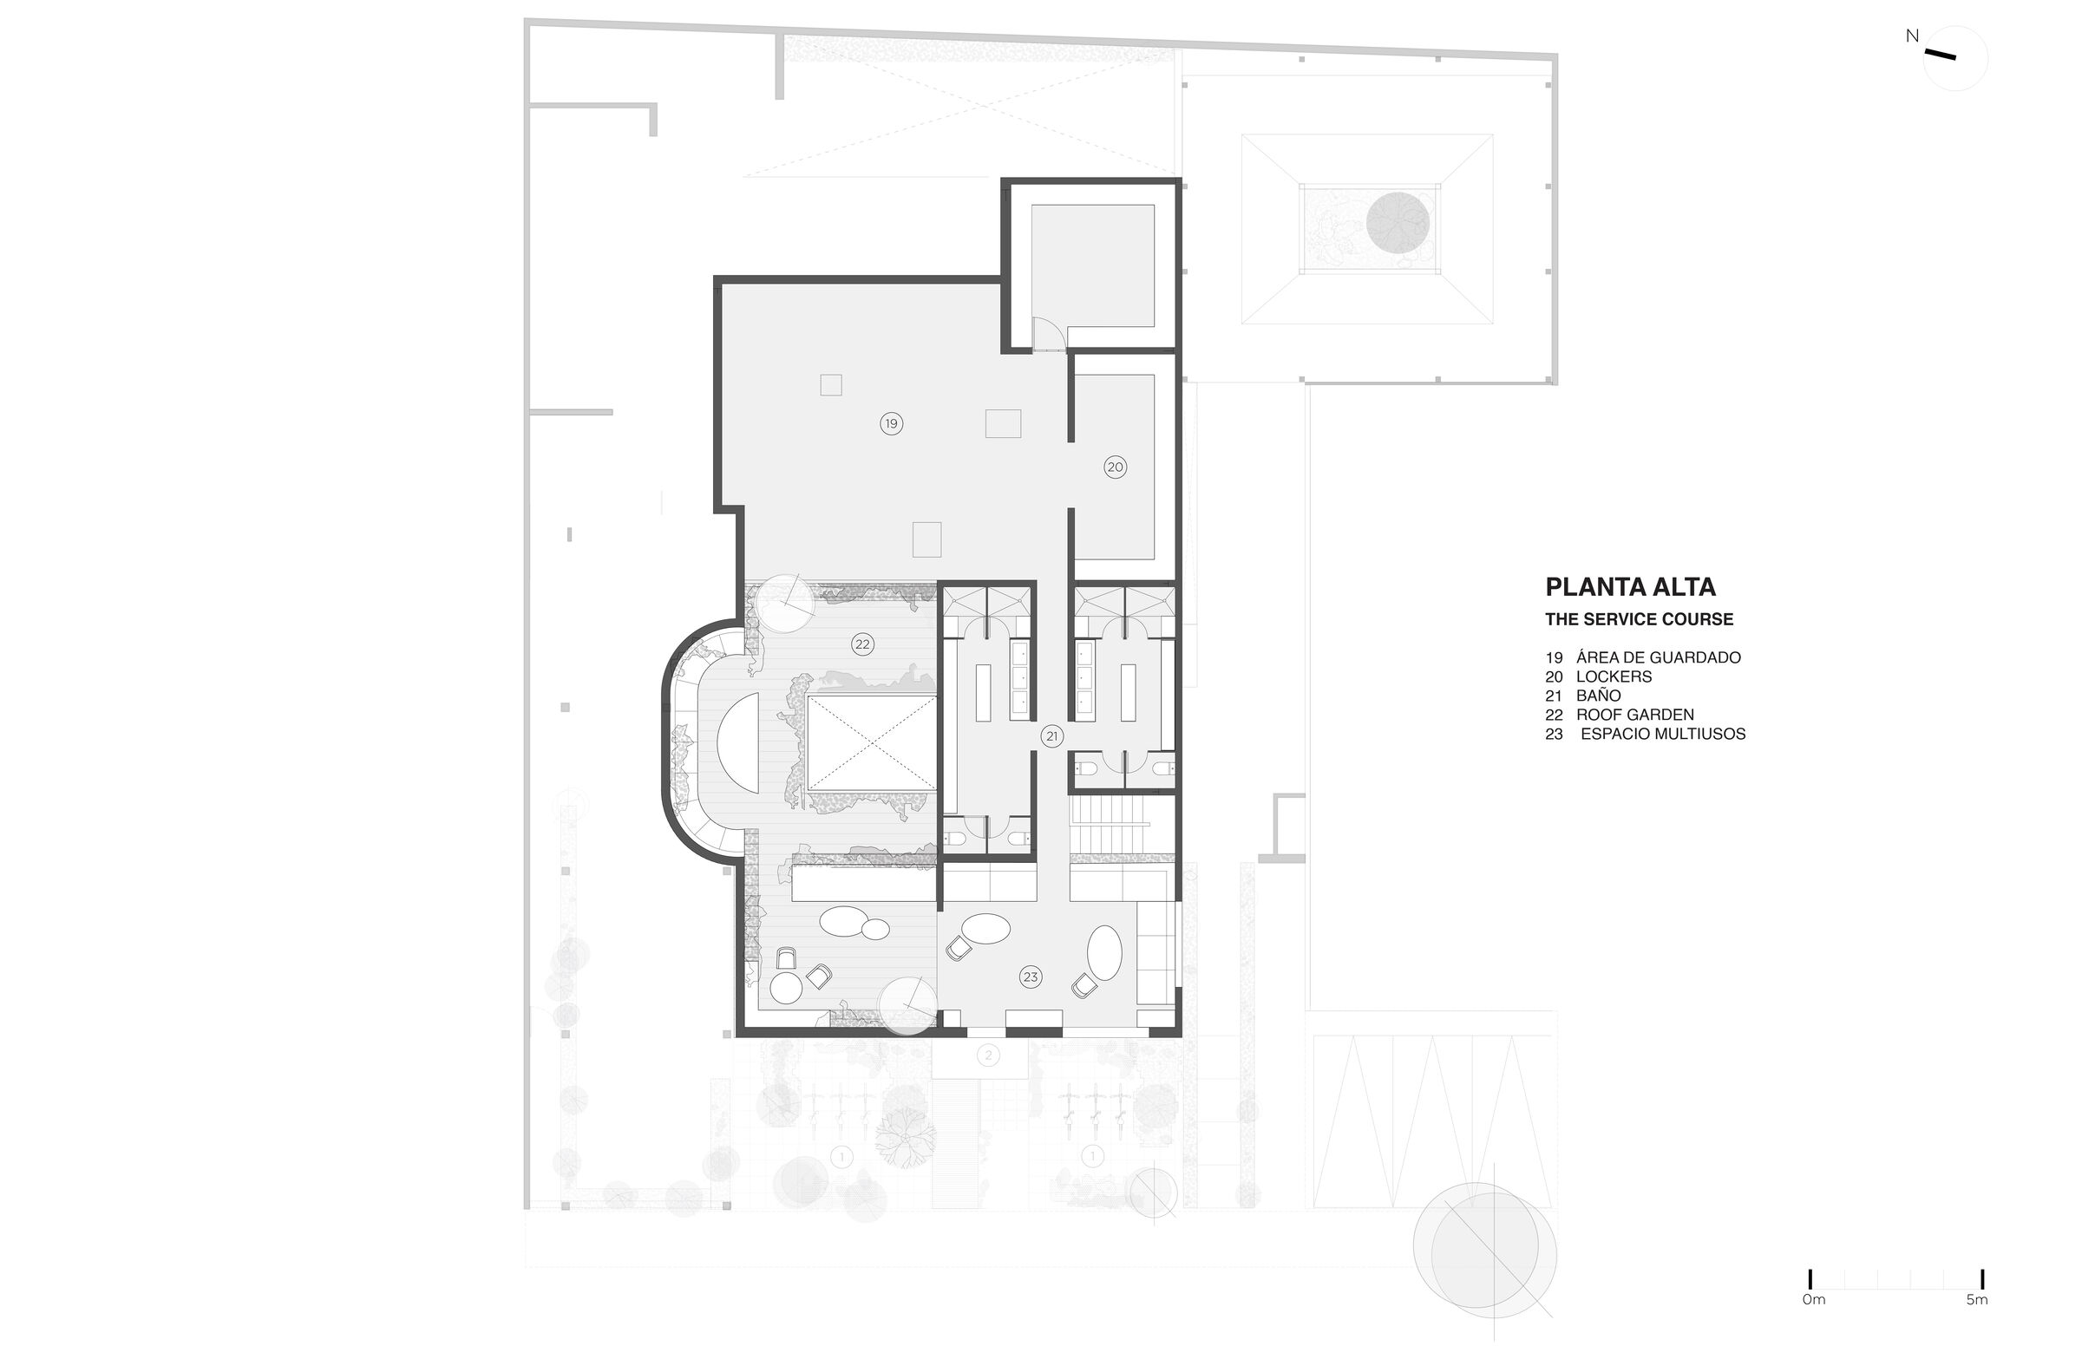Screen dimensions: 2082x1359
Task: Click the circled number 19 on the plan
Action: click(891, 424)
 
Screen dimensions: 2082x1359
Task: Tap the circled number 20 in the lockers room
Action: click(1115, 467)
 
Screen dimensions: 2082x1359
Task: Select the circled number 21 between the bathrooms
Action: click(1051, 736)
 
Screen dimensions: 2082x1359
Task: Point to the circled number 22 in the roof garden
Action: click(862, 644)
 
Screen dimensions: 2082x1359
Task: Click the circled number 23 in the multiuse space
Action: click(1031, 977)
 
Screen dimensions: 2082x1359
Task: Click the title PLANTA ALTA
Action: click(1630, 586)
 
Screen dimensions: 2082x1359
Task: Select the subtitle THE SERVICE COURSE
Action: click(1639, 619)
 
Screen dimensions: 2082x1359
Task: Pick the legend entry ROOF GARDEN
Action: click(1635, 715)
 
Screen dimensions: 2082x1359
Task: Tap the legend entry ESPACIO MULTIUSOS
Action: click(1663, 734)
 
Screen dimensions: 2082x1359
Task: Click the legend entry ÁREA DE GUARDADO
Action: click(1659, 657)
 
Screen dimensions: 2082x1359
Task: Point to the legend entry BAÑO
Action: click(1598, 696)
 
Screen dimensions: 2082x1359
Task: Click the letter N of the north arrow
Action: click(1912, 36)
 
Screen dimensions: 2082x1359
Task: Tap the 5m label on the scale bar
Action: click(1977, 1299)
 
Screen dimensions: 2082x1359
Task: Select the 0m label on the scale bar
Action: click(1814, 1299)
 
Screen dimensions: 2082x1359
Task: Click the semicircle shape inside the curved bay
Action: click(738, 742)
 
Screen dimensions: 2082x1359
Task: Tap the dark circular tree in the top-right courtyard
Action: click(1398, 225)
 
